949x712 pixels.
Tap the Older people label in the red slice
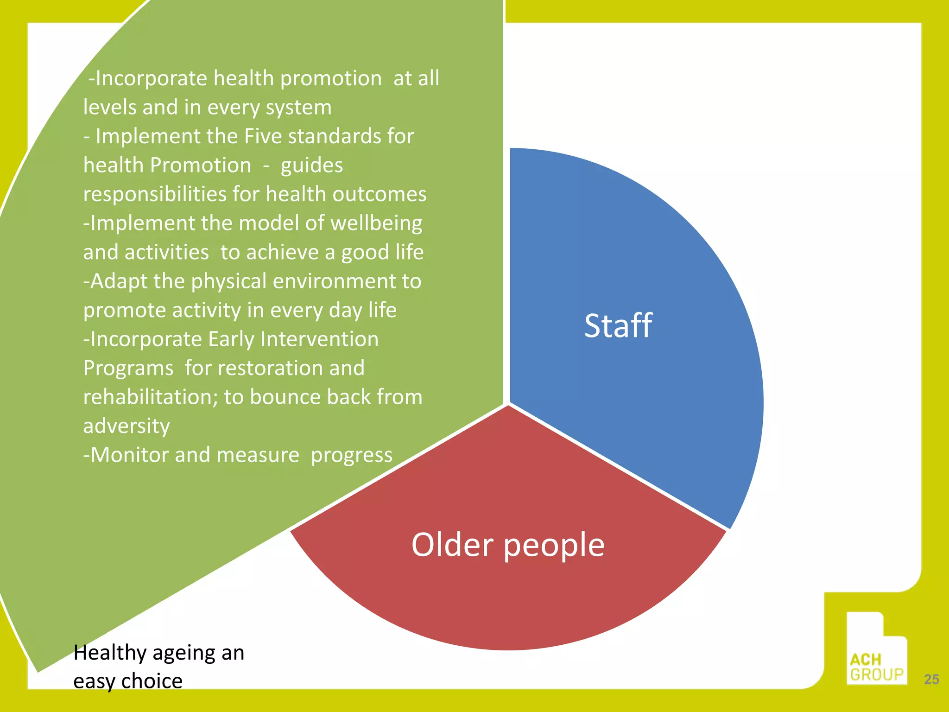pos(508,545)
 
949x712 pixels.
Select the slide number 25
pos(931,679)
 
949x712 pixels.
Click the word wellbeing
pos(376,223)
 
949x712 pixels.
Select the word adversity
pos(127,426)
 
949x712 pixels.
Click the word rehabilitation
pos(150,397)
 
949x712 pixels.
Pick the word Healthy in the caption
pos(110,653)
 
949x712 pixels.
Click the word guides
pos(311,165)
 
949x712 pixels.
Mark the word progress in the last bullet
pos(351,455)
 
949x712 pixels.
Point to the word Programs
pos(128,368)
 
